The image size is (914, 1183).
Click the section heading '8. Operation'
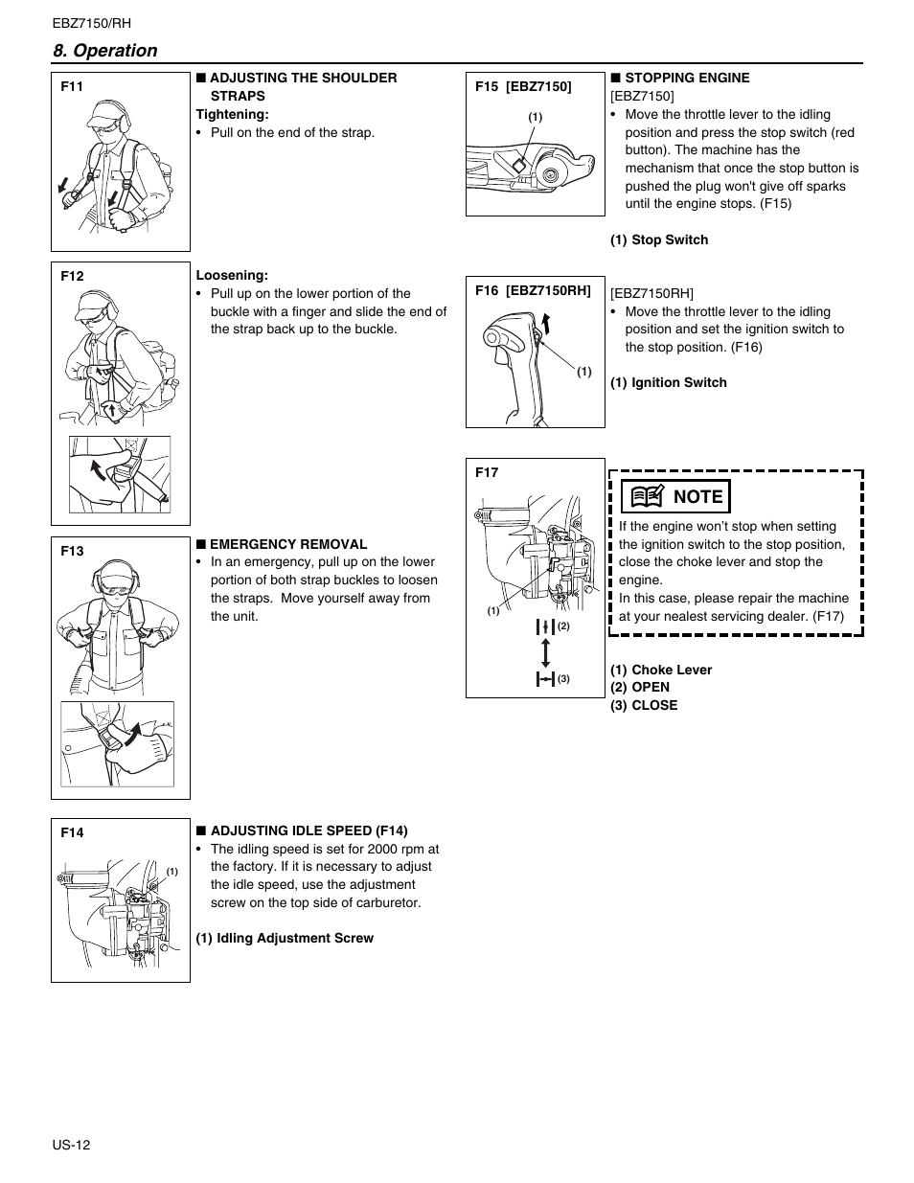click(x=105, y=51)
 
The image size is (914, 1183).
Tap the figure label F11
click(x=72, y=86)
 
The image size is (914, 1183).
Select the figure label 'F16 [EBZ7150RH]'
click(x=533, y=290)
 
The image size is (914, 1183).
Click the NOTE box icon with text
click(x=675, y=496)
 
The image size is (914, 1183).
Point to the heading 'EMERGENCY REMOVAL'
click(x=288, y=544)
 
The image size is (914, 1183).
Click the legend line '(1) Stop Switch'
click(x=659, y=239)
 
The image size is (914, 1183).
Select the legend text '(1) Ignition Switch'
click(x=669, y=382)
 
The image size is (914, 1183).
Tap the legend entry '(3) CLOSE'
click(x=644, y=705)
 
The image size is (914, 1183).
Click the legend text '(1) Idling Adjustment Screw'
click(x=285, y=938)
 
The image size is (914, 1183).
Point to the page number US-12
click(x=71, y=1145)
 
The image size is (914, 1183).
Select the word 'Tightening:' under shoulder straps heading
click(x=232, y=114)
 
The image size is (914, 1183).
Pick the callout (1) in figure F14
click(x=172, y=871)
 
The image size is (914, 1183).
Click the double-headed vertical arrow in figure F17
click(x=545, y=652)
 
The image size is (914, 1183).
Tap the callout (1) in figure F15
click(x=536, y=117)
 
